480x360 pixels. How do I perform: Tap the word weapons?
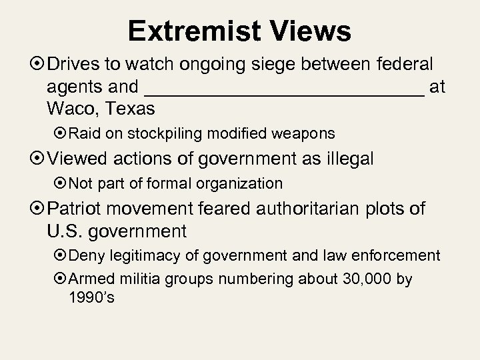click(309, 133)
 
